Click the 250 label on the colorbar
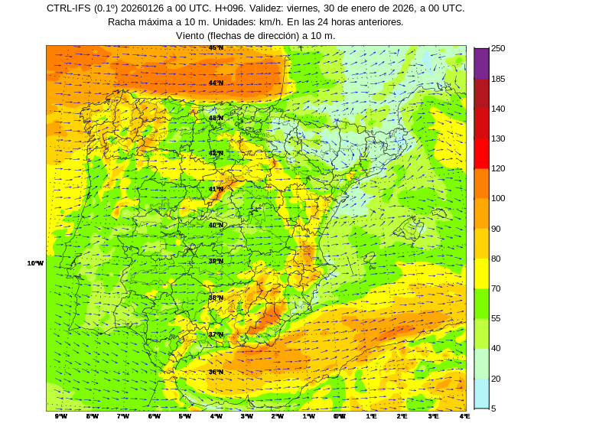498,48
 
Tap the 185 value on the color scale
498,79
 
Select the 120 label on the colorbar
498,168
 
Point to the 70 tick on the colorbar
496,288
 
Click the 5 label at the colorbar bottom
493,409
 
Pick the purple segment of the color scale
481,63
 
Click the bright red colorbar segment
481,153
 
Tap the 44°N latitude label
216,83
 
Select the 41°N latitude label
216,189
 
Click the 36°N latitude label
216,372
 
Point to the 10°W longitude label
35,263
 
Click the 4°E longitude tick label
464,416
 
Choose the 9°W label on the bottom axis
61,416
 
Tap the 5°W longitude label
185,416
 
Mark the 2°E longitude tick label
402,416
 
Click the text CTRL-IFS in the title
69,8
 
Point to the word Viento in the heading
191,36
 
